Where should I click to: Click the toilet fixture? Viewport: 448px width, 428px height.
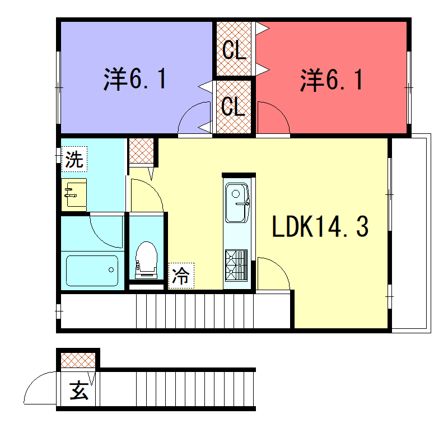[146, 259]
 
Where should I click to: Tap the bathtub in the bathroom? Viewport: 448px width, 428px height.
[92, 271]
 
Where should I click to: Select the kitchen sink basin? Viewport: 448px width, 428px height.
[237, 202]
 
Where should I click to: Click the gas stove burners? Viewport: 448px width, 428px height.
[236, 265]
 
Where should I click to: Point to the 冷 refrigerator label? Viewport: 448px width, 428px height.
[181, 276]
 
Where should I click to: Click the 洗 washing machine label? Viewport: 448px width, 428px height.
[74, 159]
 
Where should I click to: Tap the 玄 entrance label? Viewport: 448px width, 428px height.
[79, 390]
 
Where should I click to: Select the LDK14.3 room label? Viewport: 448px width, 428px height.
[320, 226]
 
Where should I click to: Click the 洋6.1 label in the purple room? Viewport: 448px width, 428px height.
[135, 79]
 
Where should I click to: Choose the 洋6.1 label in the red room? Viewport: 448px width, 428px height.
[332, 80]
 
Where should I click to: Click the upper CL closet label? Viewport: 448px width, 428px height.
[234, 50]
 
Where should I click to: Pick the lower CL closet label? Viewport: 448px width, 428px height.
[233, 106]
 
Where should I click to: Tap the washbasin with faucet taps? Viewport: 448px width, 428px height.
[74, 195]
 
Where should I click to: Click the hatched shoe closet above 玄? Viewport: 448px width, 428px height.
[78, 360]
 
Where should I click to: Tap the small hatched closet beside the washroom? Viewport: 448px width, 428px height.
[142, 151]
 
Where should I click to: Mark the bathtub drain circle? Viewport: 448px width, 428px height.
[111, 269]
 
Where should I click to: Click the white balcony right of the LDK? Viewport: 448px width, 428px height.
[411, 233]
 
